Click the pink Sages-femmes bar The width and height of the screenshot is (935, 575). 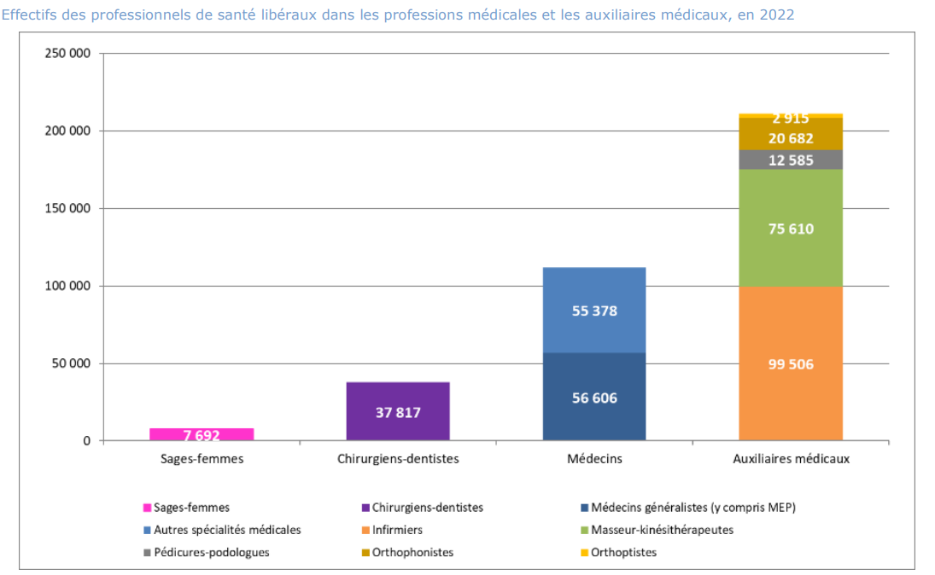202,434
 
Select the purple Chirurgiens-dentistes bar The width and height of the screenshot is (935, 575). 398,411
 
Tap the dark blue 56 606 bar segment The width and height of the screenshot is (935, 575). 594,398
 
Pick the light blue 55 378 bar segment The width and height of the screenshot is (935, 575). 594,311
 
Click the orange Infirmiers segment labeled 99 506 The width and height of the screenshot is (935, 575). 791,364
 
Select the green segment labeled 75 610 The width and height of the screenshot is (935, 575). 791,229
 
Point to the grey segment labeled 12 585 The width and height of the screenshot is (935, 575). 791,160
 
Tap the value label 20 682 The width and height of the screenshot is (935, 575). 791,138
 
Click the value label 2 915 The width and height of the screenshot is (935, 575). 791,119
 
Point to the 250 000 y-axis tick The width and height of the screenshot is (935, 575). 67,54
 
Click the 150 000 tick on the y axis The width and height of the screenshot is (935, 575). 67,208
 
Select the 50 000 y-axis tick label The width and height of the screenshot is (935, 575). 71,363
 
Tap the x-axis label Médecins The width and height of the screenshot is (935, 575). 594,459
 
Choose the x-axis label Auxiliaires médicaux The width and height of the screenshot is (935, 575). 791,459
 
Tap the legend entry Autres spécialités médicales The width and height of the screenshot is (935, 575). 227,530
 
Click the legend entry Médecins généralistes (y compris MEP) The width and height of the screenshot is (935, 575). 692,508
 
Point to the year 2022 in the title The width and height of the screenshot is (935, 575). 780,15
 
